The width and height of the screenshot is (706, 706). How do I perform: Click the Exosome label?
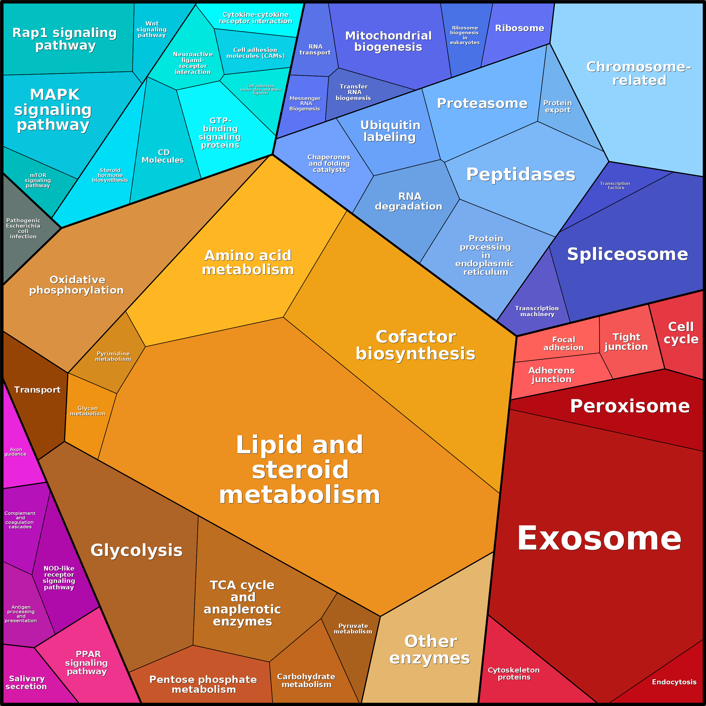coord(599,538)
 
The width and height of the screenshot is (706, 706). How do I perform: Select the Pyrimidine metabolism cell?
coord(113,356)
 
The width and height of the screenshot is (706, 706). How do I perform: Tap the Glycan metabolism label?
coord(88,411)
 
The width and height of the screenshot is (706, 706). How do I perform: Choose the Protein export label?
coord(557,106)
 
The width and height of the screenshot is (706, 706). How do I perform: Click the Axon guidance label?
coord(15,452)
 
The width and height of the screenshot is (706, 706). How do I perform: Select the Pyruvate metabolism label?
coord(353,628)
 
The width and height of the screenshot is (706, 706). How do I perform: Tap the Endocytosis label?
coord(674,682)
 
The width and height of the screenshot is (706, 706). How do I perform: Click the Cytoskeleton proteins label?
coord(513,673)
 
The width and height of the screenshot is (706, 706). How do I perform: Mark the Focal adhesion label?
coord(564,343)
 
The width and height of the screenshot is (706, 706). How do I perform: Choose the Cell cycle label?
coord(681,332)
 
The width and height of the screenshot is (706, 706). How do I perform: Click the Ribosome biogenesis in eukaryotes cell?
coord(465,35)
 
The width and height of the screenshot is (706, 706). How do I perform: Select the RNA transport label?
coord(315,49)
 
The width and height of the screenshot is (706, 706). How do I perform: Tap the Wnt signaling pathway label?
coord(152,29)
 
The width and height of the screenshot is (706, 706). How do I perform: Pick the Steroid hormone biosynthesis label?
coord(110,175)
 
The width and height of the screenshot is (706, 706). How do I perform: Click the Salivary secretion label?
coord(26,682)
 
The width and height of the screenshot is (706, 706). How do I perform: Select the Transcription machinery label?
coord(537,311)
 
